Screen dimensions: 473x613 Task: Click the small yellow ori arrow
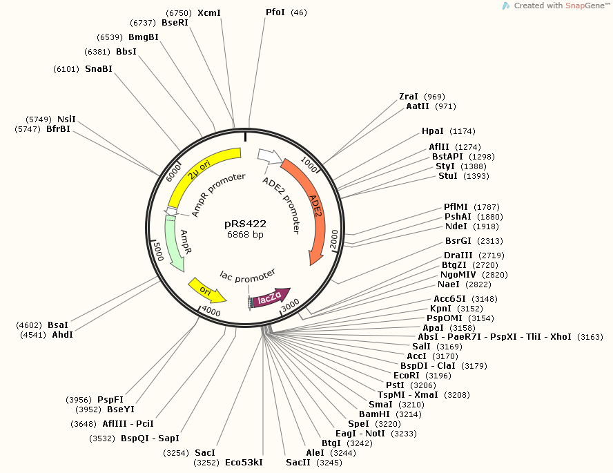click(206, 291)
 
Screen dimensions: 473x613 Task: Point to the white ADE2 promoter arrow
click(269, 157)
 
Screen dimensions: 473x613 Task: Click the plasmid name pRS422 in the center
click(245, 224)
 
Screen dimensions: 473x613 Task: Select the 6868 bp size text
click(245, 235)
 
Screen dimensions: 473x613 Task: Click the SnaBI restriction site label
click(99, 68)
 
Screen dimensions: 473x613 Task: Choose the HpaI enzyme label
click(433, 131)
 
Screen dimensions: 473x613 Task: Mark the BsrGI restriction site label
click(458, 241)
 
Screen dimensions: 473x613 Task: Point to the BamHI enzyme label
click(373, 414)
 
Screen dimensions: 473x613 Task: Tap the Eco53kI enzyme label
click(244, 462)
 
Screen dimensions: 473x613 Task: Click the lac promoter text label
click(248, 275)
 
